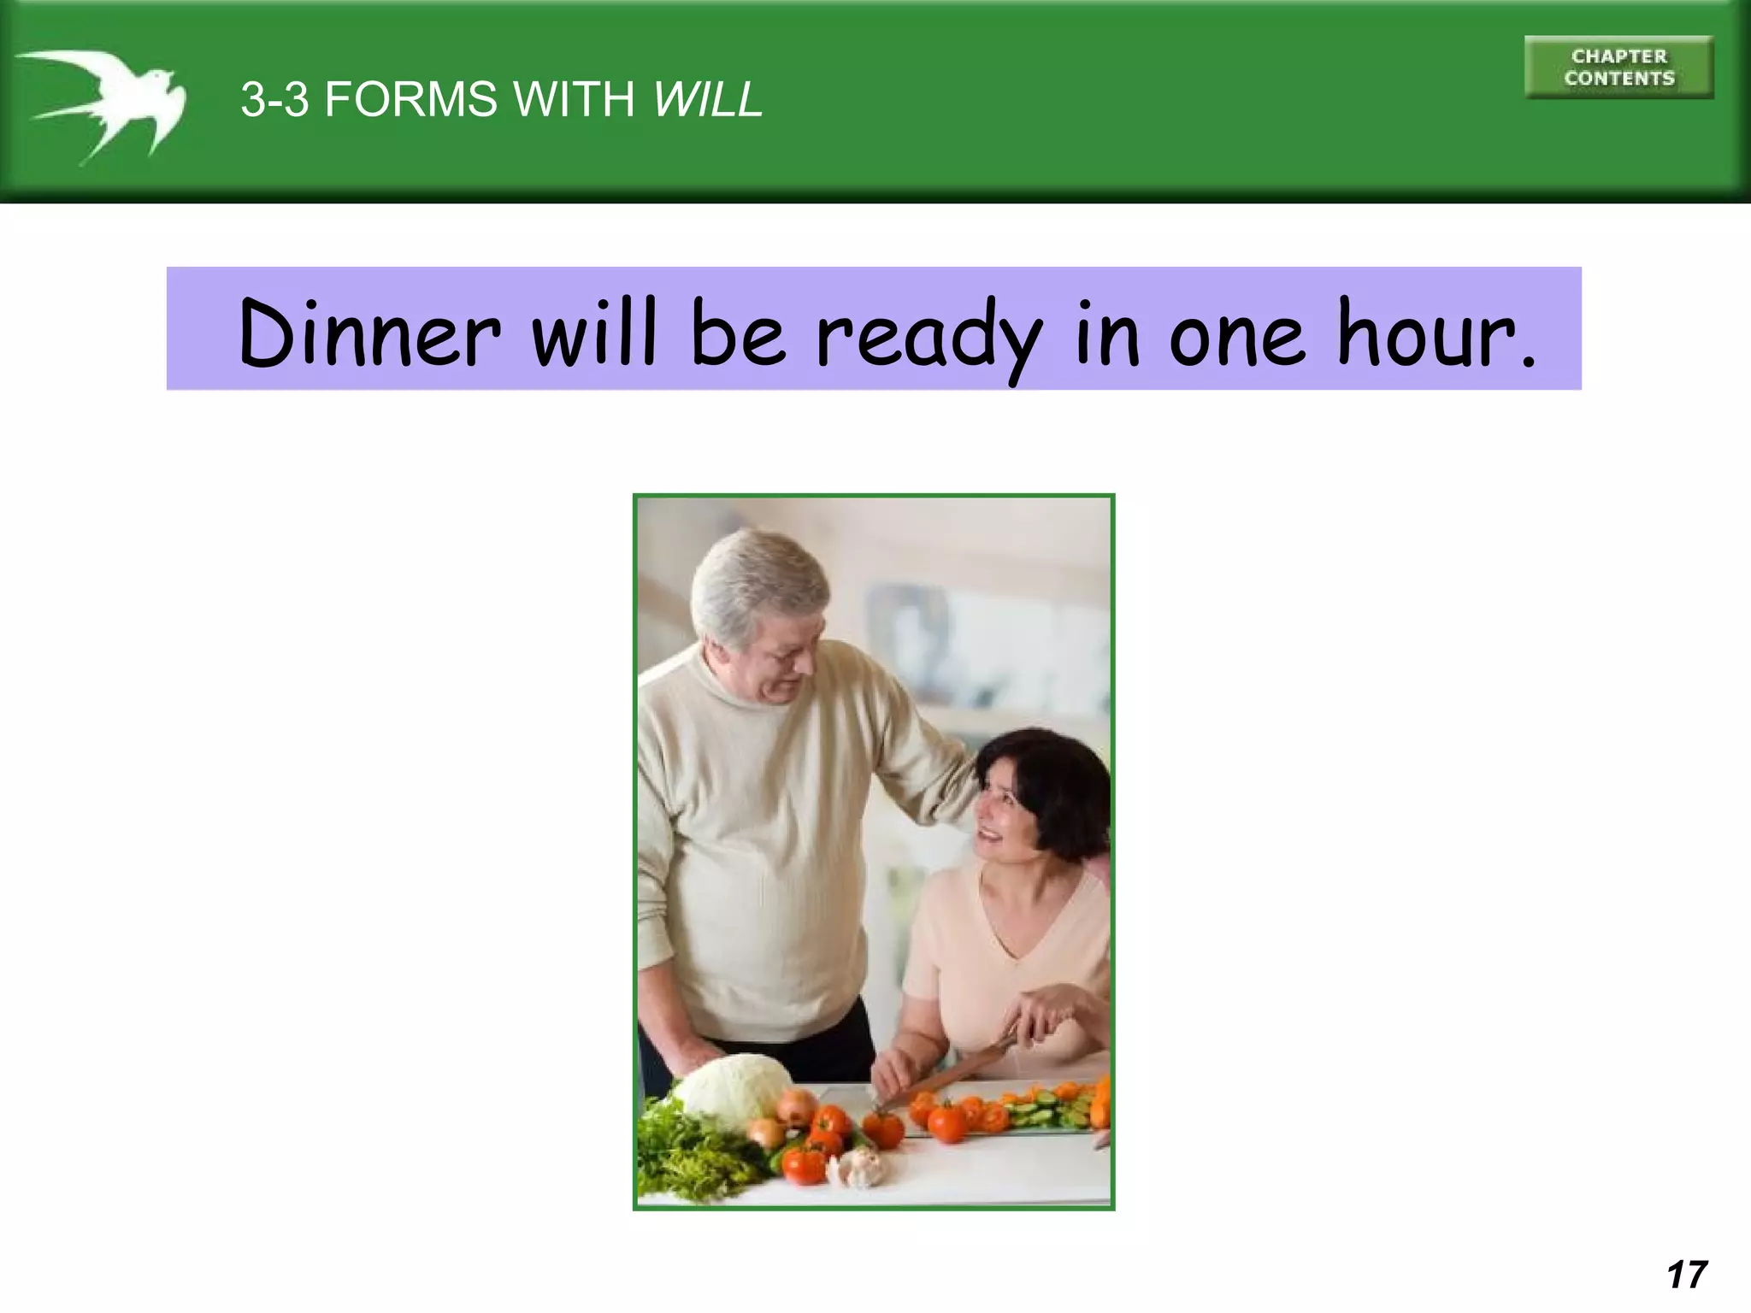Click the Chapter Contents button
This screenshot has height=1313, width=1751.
(1618, 68)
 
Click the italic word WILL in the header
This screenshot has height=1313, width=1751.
(707, 99)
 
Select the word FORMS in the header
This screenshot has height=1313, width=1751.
(410, 99)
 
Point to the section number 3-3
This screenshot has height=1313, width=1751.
(274, 99)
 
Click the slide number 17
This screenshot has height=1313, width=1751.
(1687, 1275)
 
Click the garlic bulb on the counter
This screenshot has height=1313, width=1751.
(864, 1166)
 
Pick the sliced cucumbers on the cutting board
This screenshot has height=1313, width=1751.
(1039, 1111)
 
